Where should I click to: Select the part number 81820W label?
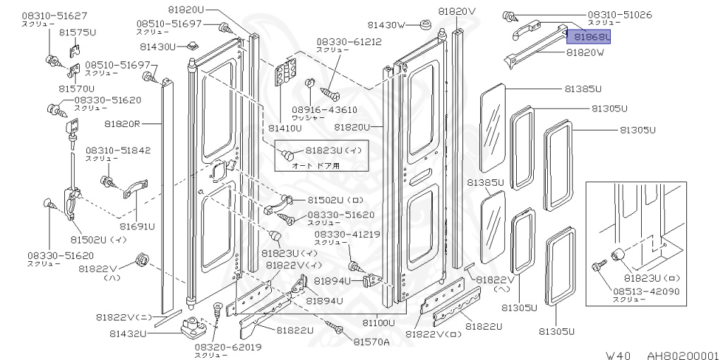click(x=585, y=53)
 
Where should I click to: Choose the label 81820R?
click(x=123, y=124)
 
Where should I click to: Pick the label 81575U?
click(x=77, y=32)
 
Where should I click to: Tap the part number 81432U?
click(x=128, y=333)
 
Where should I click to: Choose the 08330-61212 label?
click(x=349, y=42)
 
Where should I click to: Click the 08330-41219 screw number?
click(x=347, y=234)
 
